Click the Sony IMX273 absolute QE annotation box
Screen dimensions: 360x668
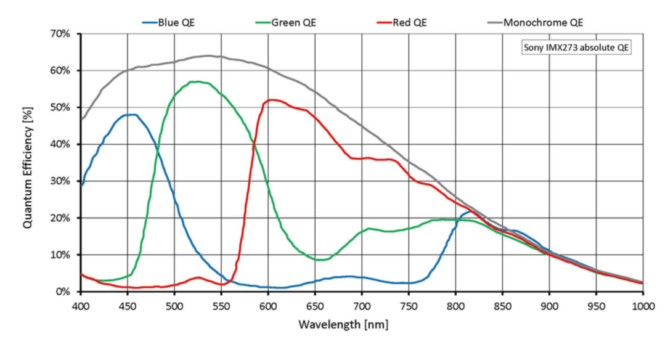[577, 47]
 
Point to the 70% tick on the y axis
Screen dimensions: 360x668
[63, 33]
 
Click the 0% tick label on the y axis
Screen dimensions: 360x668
[65, 292]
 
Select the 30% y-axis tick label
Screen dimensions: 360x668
[63, 181]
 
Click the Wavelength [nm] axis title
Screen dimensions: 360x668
[343, 324]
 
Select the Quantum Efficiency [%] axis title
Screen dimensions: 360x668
[28, 163]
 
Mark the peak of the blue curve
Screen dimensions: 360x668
[131, 115]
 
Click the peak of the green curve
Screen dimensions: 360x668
[197, 81]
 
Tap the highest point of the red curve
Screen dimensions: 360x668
[272, 99]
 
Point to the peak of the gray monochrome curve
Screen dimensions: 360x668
[208, 55]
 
